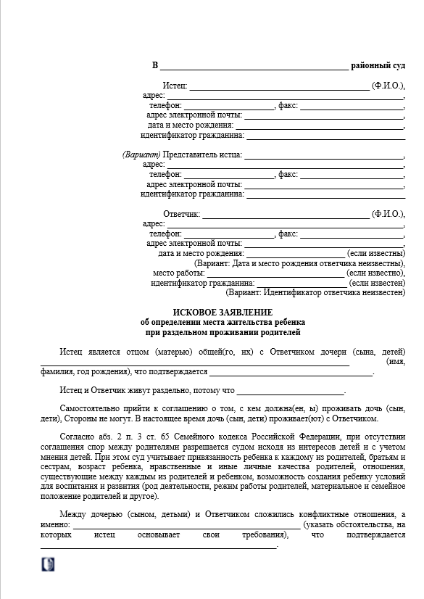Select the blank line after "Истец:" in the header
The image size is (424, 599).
279,86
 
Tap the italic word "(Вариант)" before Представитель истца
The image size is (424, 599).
141,155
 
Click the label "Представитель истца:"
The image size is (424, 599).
203,155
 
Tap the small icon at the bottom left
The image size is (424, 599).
49,563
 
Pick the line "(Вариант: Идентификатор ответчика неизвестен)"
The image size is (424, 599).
315,293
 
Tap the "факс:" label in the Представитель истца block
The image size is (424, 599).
288,175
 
